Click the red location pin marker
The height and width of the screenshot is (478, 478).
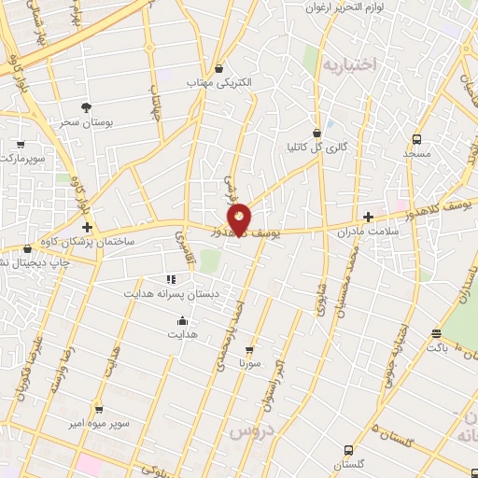(x=240, y=218)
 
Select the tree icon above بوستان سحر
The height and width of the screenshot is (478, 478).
(x=86, y=107)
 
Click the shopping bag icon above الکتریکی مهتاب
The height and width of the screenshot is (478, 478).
(x=218, y=68)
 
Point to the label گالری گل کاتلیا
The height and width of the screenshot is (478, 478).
(x=316, y=148)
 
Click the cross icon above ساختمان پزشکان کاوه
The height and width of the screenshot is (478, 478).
(x=87, y=227)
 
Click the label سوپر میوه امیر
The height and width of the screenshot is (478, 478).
(x=98, y=424)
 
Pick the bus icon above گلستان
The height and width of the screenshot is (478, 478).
(x=348, y=450)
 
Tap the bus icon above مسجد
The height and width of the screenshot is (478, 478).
(x=417, y=140)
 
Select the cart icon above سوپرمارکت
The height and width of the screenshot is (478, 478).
(x=21, y=145)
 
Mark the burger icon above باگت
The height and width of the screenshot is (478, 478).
(x=437, y=333)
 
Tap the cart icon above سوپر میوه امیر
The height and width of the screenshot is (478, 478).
(x=98, y=409)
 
